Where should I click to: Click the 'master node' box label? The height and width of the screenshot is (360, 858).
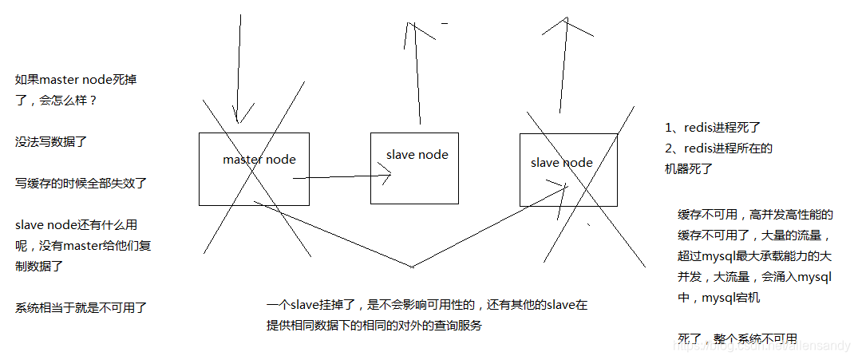point(259,160)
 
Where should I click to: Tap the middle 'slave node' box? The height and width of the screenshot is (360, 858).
point(414,168)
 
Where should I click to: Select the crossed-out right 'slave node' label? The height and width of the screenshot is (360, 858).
point(561,163)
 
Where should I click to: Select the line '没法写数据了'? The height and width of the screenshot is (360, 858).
point(51,141)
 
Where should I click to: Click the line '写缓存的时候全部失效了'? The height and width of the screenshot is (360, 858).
point(81,183)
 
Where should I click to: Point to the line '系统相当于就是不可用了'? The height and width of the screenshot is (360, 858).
point(81,307)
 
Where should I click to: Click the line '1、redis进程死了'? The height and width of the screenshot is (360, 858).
point(714,128)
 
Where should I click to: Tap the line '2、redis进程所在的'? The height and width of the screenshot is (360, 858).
point(719,148)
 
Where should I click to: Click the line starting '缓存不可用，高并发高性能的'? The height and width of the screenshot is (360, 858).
point(755,215)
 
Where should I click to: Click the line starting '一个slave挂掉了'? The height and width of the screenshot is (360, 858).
point(427,306)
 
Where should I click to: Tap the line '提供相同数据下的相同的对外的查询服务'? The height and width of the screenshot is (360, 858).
point(375,326)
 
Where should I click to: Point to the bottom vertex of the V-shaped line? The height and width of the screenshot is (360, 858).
point(412,266)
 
